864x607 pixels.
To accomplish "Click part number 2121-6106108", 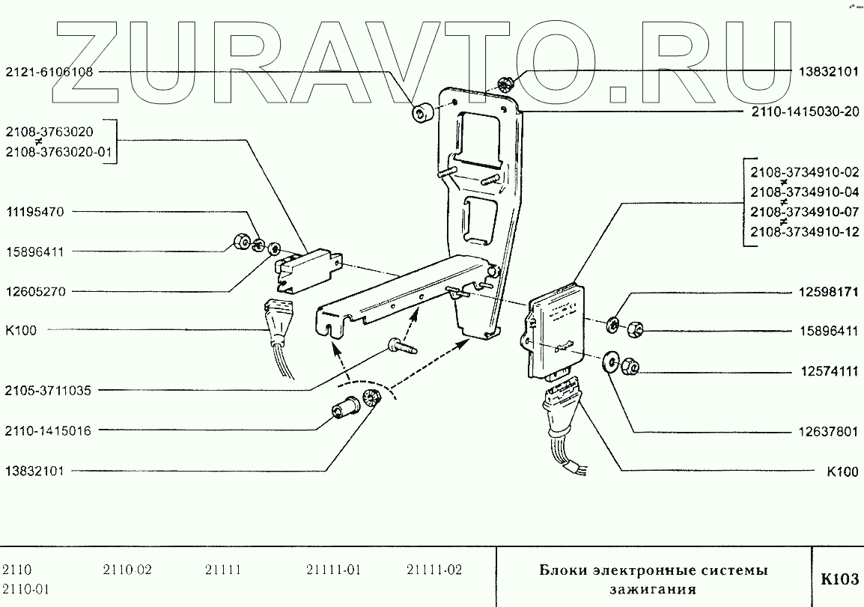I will (x=49, y=73).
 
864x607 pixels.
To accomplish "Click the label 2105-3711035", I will (x=49, y=390).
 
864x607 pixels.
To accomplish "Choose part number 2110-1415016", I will (x=49, y=430).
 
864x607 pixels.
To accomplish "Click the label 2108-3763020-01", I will (x=58, y=152).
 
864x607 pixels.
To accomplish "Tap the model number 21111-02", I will (x=434, y=570).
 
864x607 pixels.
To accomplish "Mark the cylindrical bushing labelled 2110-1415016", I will (x=344, y=409).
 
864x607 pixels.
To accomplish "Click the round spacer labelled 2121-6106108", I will (x=422, y=114).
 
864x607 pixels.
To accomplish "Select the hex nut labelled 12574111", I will (x=628, y=365).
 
